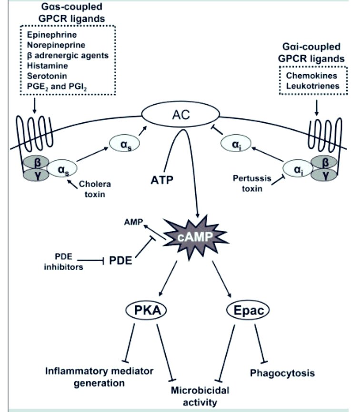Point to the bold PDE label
(x=120, y=261)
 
